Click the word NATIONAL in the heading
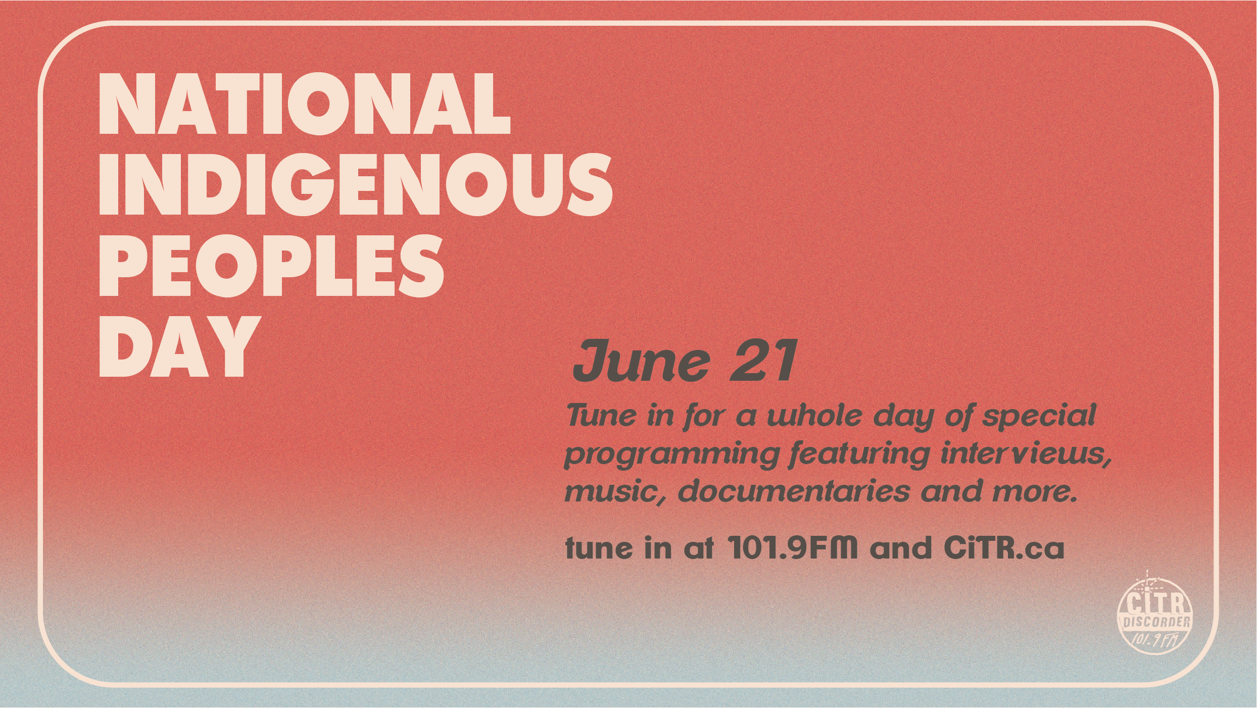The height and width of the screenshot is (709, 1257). coord(304,104)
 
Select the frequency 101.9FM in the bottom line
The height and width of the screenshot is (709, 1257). coord(792,547)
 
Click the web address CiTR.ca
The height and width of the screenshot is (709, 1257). coord(1004,547)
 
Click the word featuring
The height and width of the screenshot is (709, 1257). coord(859,454)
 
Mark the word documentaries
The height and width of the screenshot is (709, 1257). coord(794,491)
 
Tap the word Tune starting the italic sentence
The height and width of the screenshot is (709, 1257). coord(601,416)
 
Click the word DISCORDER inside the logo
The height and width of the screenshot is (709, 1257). coord(1156,622)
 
